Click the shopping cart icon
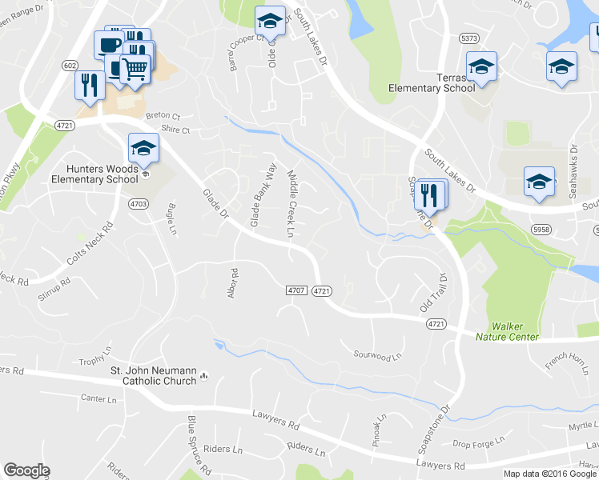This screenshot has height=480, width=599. coord(135,70)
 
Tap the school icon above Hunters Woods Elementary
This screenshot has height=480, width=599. coord(143,148)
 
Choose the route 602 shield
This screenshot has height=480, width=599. coord(70,66)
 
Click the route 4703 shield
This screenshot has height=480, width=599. coord(138,204)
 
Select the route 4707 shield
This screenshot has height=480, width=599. coord(296,290)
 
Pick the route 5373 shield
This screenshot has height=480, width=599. coord(469,38)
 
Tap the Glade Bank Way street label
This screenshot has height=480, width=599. coord(263,194)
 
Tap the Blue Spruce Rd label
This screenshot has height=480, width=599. coord(198,443)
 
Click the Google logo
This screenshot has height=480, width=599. coord(26,470)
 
